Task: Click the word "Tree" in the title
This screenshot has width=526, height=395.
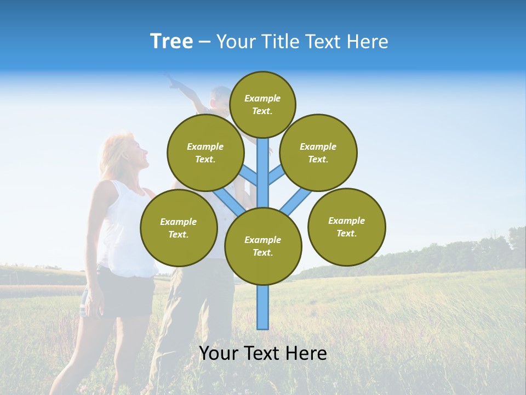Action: tap(171, 41)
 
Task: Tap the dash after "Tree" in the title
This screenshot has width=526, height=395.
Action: tap(204, 42)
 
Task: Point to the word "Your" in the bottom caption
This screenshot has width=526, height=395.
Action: tap(220, 353)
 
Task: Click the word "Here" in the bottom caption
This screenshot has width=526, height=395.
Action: tap(305, 353)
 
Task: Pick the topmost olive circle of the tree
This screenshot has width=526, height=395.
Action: tap(262, 104)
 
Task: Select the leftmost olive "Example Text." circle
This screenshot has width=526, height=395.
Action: tap(179, 228)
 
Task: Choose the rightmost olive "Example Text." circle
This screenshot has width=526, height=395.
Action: tap(346, 227)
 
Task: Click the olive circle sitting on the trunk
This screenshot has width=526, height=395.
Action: tap(263, 246)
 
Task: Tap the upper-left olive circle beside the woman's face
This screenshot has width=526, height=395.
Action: tap(205, 153)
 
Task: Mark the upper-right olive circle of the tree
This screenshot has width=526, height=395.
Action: tap(318, 153)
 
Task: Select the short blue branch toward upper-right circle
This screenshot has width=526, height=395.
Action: tap(277, 175)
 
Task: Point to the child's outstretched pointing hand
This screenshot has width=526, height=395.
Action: tap(174, 83)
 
